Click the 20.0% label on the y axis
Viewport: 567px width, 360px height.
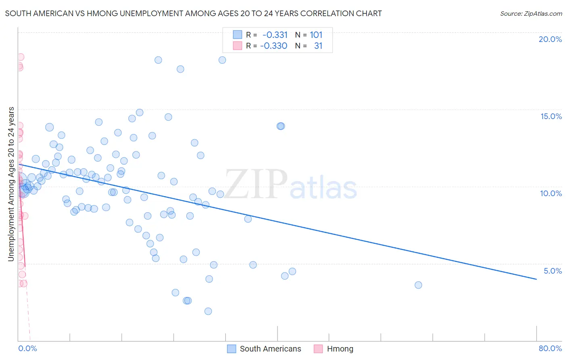[550, 39]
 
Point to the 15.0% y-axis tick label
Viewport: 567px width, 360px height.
[551, 116]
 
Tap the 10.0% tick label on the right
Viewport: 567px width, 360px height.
[551, 193]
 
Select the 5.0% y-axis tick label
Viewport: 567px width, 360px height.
[552, 271]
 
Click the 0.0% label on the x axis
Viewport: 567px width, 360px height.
[27, 348]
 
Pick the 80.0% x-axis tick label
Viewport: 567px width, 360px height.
[550, 348]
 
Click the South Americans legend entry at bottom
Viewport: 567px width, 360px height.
[270, 349]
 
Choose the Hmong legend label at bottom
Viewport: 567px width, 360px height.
[340, 349]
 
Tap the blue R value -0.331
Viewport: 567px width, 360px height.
[275, 35]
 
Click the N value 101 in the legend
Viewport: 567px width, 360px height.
[316, 35]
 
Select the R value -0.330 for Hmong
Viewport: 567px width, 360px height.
[274, 46]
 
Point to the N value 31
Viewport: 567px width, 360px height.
[318, 46]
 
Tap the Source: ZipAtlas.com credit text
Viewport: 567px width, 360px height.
[531, 13]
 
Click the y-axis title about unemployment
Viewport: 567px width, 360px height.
[11, 184]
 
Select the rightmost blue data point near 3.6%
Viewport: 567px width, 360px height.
[418, 285]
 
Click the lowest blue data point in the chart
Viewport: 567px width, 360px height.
[208, 311]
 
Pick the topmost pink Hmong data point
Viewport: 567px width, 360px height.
[20, 57]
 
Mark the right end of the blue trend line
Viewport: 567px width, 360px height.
[536, 279]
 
